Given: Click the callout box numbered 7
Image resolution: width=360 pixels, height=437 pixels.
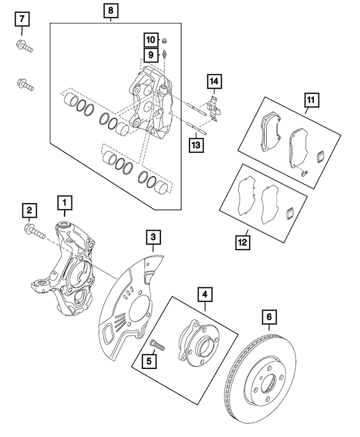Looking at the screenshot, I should pyautogui.click(x=22, y=20).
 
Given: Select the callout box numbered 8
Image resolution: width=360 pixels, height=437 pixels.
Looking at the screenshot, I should pyautogui.click(x=111, y=11).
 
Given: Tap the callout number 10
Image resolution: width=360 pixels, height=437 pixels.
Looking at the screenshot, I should pyautogui.click(x=151, y=40).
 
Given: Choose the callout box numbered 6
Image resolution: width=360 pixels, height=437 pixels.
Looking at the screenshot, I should pyautogui.click(x=269, y=318).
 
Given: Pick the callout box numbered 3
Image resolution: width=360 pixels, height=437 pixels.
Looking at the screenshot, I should pyautogui.click(x=152, y=238).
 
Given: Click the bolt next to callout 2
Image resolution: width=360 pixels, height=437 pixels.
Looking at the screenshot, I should pyautogui.click(x=35, y=231).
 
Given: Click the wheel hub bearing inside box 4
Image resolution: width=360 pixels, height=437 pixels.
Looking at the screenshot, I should pyautogui.click(x=196, y=343).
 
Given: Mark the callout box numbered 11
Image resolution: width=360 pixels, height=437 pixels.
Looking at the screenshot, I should pyautogui.click(x=311, y=102).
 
